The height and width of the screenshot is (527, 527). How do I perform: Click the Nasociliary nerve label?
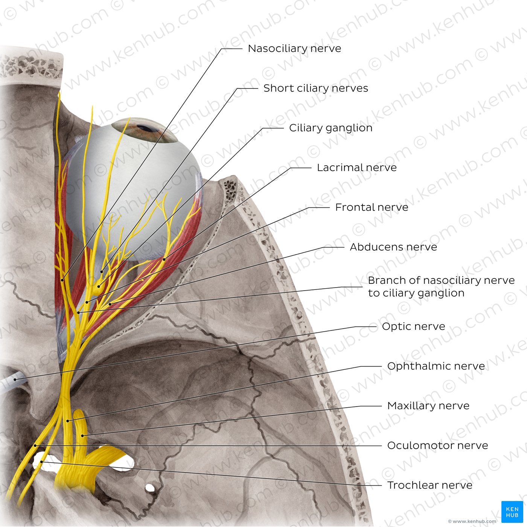click(294, 49)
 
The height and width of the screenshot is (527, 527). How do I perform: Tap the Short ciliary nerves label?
click(315, 88)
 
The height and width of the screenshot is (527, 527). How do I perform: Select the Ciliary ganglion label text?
click(331, 128)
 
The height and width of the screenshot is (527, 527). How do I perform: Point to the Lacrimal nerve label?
click(356, 168)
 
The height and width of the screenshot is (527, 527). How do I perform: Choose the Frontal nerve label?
click(372, 207)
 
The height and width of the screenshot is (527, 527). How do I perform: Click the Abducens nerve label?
click(393, 247)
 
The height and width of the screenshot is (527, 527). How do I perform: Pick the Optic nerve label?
click(413, 327)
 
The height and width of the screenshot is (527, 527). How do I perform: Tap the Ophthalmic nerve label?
click(436, 366)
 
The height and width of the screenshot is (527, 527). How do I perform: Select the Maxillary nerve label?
click(428, 406)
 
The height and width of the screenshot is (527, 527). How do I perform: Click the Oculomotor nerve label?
click(437, 446)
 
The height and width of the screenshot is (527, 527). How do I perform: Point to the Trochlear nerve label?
click(430, 486)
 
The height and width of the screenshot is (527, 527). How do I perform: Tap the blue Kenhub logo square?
click(512, 512)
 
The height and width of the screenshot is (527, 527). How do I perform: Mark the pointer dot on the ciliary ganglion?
click(99, 286)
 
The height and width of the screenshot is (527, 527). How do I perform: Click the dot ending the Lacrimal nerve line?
click(164, 259)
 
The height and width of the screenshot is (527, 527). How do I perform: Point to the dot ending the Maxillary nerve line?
click(83, 436)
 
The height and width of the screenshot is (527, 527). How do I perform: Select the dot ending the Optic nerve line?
click(15, 379)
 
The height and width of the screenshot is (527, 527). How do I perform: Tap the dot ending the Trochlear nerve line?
click(42, 462)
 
